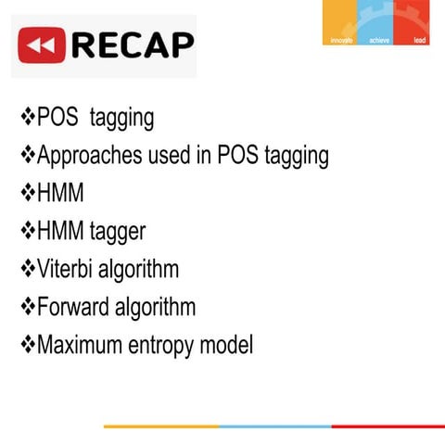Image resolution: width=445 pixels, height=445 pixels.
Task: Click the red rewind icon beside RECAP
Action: pos(41,44)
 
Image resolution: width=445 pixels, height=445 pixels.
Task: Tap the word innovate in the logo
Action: pos(343,40)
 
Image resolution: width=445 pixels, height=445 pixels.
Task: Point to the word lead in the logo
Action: pos(419,40)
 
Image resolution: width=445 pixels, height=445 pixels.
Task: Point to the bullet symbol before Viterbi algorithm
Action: pos(27,270)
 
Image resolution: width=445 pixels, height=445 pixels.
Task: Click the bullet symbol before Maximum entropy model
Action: pos(27,345)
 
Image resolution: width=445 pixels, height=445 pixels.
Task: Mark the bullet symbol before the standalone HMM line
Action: pos(27,194)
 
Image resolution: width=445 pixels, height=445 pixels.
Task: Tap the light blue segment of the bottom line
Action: pos(275,426)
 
